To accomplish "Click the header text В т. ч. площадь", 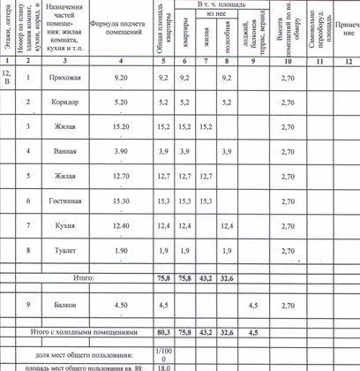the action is pyautogui.click(x=216, y=5).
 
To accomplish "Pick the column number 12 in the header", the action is pyautogui.click(x=348, y=61).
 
